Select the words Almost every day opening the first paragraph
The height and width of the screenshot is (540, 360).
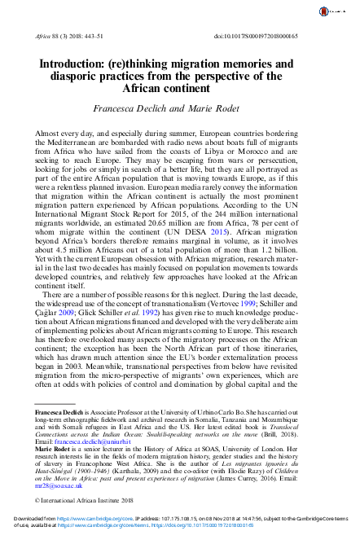(x=62, y=130)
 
